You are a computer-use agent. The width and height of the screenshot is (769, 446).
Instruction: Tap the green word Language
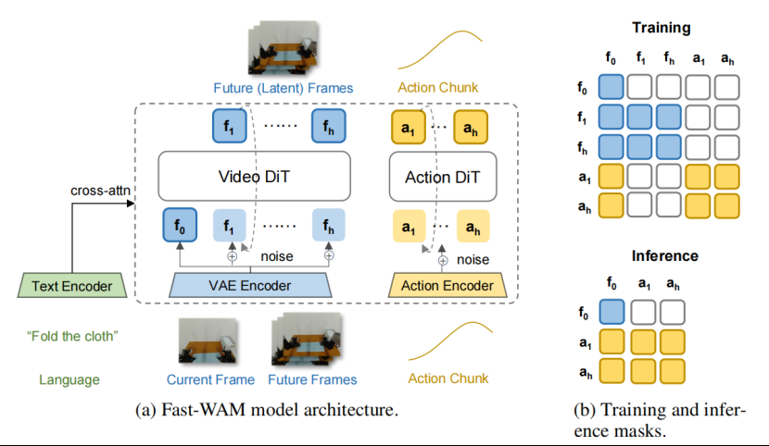(69, 379)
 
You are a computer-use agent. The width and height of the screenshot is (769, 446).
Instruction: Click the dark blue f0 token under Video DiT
(182, 225)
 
